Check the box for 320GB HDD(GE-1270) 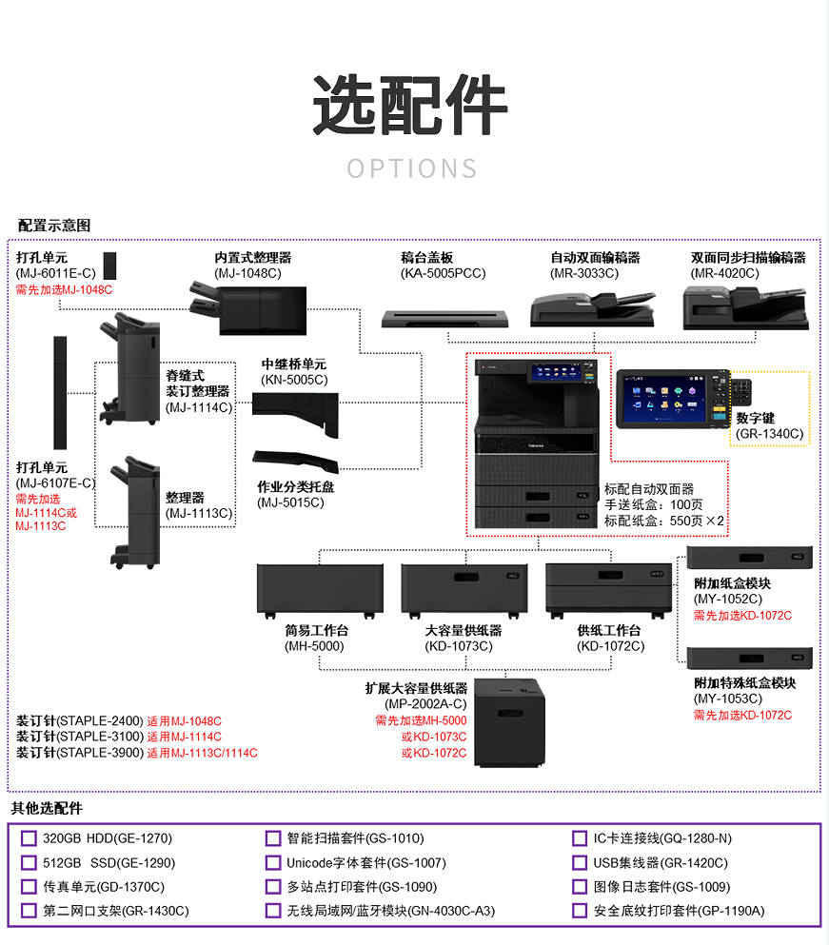29,838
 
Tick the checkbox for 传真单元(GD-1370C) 29,887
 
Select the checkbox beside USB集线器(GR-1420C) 580,862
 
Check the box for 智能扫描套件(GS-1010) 273,838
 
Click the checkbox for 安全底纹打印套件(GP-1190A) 580,911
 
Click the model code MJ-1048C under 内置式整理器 247,274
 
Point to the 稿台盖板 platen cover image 444,319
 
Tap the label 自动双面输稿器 595,258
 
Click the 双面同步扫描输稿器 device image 745,308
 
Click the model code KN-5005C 294,380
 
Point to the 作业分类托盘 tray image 295,461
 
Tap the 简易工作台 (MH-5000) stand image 320,591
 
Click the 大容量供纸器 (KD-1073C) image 464,591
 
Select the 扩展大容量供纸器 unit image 510,722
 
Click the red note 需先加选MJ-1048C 64,290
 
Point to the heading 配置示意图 54,226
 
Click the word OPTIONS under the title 412,168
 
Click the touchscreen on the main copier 557,372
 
